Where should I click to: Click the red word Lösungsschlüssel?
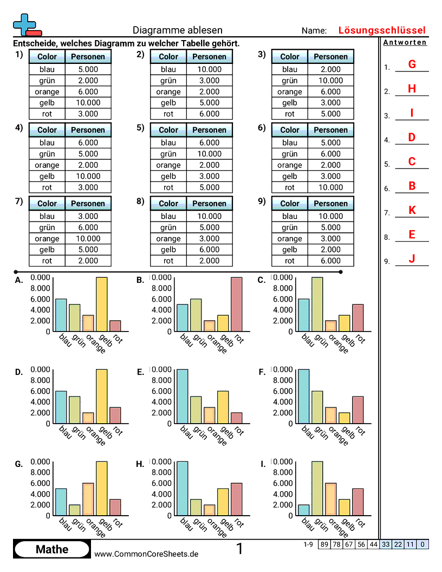coord(382,30)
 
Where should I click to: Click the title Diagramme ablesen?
coord(177,30)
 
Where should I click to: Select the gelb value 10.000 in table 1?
coord(88,102)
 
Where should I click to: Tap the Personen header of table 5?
coord(209,130)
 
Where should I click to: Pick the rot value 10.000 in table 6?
coord(330,187)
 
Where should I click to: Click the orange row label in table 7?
coord(47,238)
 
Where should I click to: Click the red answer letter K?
coord(412,210)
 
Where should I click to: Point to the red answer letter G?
coord(412,64)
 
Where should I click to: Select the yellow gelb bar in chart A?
coord(101,304)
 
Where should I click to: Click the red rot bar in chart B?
coord(236,304)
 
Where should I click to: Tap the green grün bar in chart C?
coord(317,304)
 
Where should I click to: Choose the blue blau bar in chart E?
coord(182,396)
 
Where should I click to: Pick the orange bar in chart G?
coord(88,499)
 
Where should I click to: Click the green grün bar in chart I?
coord(317,488)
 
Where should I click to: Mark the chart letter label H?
coord(140,464)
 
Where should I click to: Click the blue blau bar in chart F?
coord(303,396)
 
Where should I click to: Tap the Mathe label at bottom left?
coord(52,549)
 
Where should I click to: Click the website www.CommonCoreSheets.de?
coord(146,554)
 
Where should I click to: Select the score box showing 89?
coord(324,544)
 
